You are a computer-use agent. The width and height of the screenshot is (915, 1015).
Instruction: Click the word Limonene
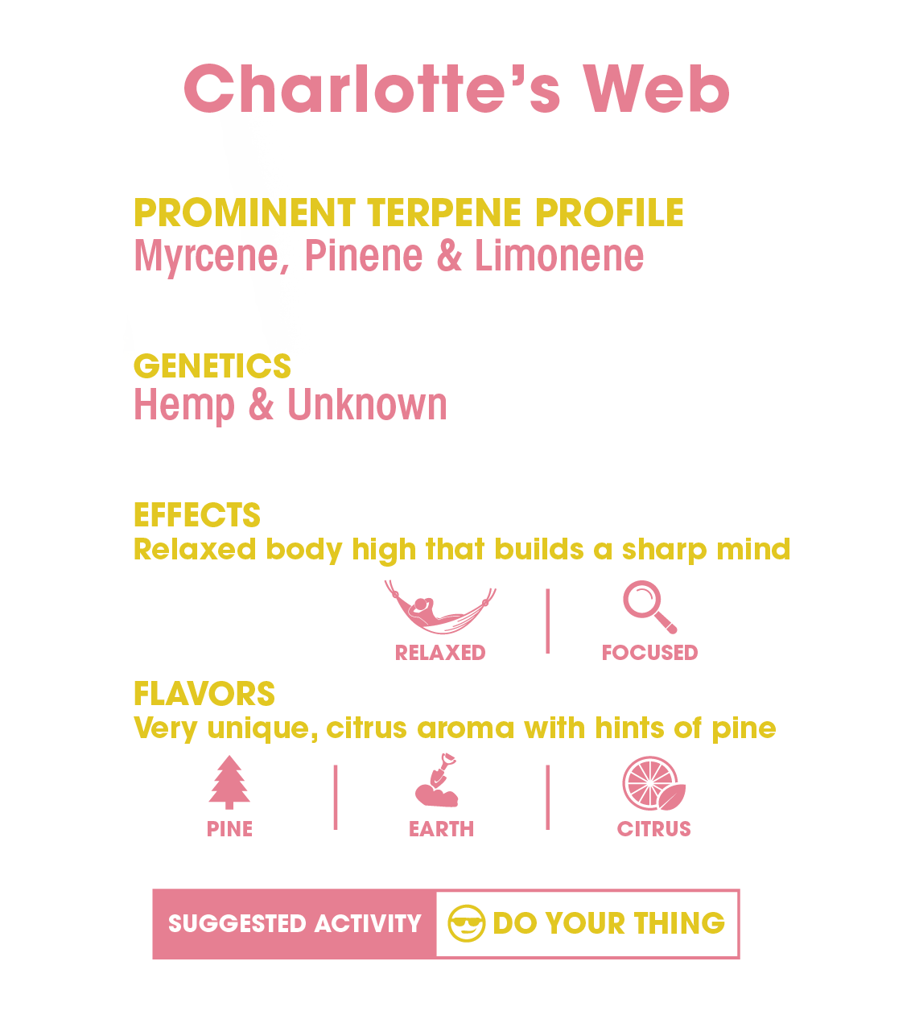[x=559, y=256]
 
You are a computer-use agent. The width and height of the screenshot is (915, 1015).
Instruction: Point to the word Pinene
[x=364, y=256]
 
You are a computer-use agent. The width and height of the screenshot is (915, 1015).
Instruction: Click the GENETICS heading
[x=212, y=366]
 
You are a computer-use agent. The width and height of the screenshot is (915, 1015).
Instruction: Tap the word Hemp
[x=184, y=405]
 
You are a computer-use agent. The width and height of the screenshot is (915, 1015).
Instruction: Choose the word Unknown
[x=367, y=405]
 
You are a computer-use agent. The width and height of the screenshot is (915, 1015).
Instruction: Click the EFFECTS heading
[x=197, y=515]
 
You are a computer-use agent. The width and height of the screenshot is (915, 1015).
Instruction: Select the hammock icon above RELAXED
[x=439, y=609]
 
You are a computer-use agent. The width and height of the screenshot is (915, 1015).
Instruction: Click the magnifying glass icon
[x=649, y=608]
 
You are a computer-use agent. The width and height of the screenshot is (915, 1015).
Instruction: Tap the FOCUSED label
[x=649, y=653]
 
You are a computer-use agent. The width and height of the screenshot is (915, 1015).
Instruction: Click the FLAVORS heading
[x=204, y=694]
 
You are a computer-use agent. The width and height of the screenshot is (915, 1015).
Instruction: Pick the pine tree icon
[x=229, y=782]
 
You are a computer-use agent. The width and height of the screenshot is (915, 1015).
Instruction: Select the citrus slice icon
[x=653, y=782]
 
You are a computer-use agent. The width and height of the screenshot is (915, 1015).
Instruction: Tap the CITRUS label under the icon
[x=653, y=829]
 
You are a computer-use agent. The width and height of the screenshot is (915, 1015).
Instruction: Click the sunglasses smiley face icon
[x=467, y=923]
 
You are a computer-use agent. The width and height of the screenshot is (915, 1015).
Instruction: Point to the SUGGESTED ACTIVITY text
[x=295, y=924]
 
